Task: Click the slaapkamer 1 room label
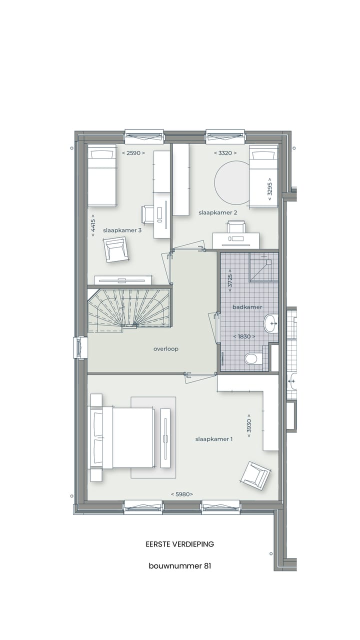(214, 439)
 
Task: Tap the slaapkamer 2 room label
(217, 212)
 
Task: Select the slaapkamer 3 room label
(122, 230)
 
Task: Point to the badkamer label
(247, 307)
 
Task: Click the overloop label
(166, 349)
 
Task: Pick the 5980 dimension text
(182, 494)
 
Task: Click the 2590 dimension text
(133, 153)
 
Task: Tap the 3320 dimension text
(225, 153)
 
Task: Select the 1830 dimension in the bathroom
(244, 336)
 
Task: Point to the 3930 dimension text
(248, 426)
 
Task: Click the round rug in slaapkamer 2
(232, 182)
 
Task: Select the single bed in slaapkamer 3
(102, 176)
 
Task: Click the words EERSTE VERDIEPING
(180, 544)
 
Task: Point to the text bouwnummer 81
(180, 566)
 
